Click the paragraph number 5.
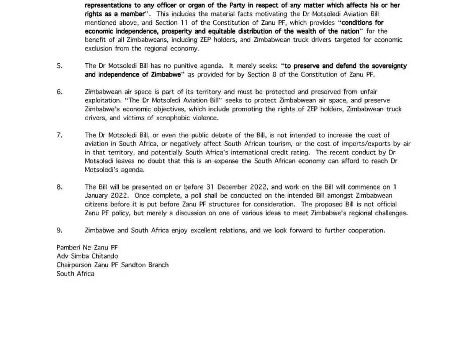click(x=59, y=66)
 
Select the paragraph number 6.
click(x=59, y=92)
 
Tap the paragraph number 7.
click(x=59, y=135)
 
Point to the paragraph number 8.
click(x=59, y=187)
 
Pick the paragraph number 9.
click(x=59, y=230)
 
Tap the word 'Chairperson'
click(x=74, y=265)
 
